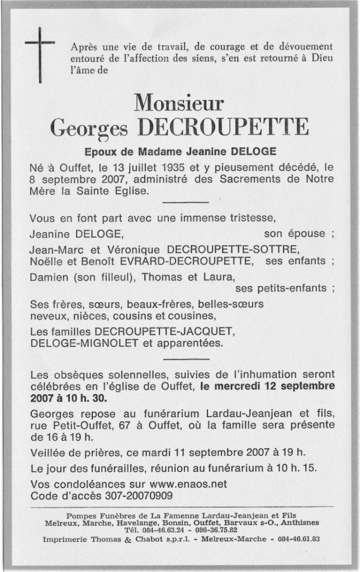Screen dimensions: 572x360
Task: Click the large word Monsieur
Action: pyautogui.click(x=179, y=102)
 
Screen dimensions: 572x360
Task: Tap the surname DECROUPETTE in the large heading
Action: pyautogui.click(x=223, y=127)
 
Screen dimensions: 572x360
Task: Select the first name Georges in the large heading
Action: pyautogui.click(x=89, y=128)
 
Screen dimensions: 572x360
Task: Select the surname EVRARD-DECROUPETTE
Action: pyautogui.click(x=186, y=260)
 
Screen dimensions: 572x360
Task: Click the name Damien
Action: pyautogui.click(x=49, y=276)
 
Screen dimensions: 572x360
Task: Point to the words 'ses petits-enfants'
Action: pyautogui.click(x=281, y=288)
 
